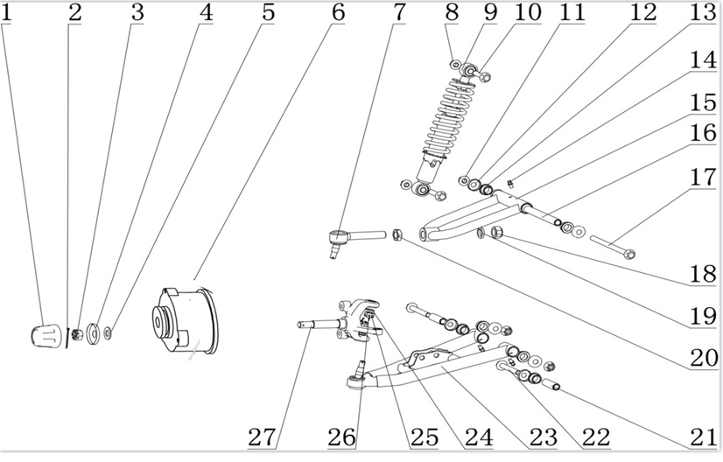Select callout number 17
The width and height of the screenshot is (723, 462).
pyautogui.click(x=701, y=178)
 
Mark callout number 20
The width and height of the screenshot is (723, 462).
pyautogui.click(x=701, y=358)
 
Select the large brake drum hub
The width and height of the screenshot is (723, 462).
pyautogui.click(x=186, y=318)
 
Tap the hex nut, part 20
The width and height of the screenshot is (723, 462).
pyautogui.click(x=397, y=234)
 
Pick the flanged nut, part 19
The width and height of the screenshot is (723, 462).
pyautogui.click(x=494, y=233)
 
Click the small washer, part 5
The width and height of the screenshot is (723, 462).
pyautogui.click(x=108, y=332)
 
